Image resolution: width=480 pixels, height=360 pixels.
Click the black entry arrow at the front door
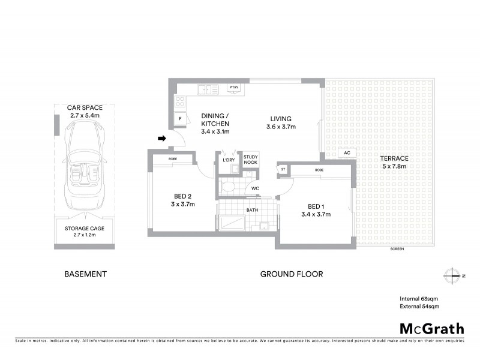pos(161,139)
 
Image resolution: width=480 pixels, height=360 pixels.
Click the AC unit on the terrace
pos(347,153)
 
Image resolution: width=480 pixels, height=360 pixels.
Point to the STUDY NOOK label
pos(251,159)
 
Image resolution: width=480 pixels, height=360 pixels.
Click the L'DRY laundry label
pos(228,160)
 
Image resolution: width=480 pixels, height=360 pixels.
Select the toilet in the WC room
pos(227,187)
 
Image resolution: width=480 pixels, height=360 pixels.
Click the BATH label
pos(252,210)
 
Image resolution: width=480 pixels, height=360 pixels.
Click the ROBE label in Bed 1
pos(320,170)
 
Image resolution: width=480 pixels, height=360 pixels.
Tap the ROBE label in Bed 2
pos(173,159)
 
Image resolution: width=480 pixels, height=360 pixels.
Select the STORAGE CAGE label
pos(84,228)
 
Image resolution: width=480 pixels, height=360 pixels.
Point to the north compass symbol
pos(451,275)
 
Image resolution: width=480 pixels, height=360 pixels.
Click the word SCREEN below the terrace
pos(396,248)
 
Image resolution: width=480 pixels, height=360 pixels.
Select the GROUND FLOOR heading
pos(292,274)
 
